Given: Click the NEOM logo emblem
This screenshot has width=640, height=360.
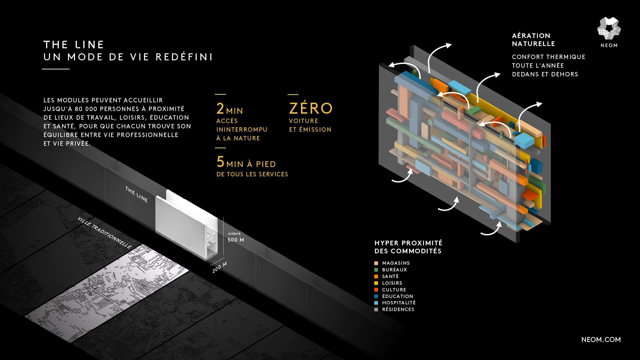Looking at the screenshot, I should coord(609,29).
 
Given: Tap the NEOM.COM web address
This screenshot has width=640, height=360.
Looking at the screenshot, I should coord(601,340).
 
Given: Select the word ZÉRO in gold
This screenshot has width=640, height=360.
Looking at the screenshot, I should coord(311,108).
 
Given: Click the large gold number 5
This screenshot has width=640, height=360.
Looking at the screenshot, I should coord(220,162).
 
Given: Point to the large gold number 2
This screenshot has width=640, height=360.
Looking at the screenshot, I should coord(220,109).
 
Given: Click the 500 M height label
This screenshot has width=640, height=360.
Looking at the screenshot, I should coord(236,240).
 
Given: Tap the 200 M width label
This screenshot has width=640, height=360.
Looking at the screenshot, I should coord(219,267).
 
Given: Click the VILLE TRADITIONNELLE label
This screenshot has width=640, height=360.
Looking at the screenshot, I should coord(104,233).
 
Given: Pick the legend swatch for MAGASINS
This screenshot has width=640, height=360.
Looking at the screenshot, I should coord(376,263).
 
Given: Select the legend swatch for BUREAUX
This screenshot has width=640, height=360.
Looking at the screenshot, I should coord(376,270).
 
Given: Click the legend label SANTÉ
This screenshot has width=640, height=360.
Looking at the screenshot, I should coord(390,276).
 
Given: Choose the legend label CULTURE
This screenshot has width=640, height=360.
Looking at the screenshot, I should coord(394,290).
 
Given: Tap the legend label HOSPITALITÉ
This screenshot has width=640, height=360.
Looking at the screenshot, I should coord(399,303).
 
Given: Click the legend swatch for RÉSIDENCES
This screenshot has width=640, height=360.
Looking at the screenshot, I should coord(376,310).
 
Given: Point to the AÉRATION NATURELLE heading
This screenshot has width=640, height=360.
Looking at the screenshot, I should coord(533,40).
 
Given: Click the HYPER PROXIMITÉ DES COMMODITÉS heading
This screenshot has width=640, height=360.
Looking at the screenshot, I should coord(408,247).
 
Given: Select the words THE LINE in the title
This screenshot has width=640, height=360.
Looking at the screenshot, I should coord(74,45).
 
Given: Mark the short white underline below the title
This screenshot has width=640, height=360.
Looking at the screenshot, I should coord(56,69).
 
